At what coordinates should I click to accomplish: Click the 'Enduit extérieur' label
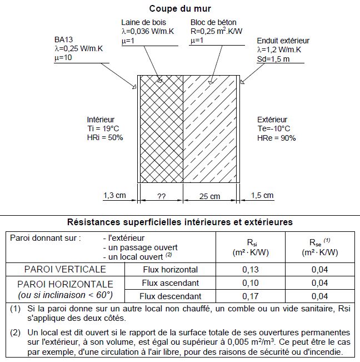click(x=283, y=41)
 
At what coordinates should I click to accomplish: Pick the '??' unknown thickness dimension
click(x=162, y=196)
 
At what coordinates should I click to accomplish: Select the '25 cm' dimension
click(x=209, y=196)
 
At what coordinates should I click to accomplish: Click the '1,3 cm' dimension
click(x=114, y=196)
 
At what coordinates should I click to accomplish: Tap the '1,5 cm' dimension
click(x=262, y=196)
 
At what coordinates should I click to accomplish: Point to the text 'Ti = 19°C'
click(x=104, y=128)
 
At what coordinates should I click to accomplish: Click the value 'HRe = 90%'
click(x=276, y=137)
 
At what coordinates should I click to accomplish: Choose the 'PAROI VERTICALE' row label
click(x=65, y=269)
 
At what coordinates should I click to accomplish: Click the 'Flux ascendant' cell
click(x=170, y=283)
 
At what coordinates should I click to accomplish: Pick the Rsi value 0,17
click(x=250, y=296)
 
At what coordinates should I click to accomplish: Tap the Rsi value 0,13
click(x=250, y=270)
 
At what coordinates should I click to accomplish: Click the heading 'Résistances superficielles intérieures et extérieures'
click(x=179, y=221)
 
